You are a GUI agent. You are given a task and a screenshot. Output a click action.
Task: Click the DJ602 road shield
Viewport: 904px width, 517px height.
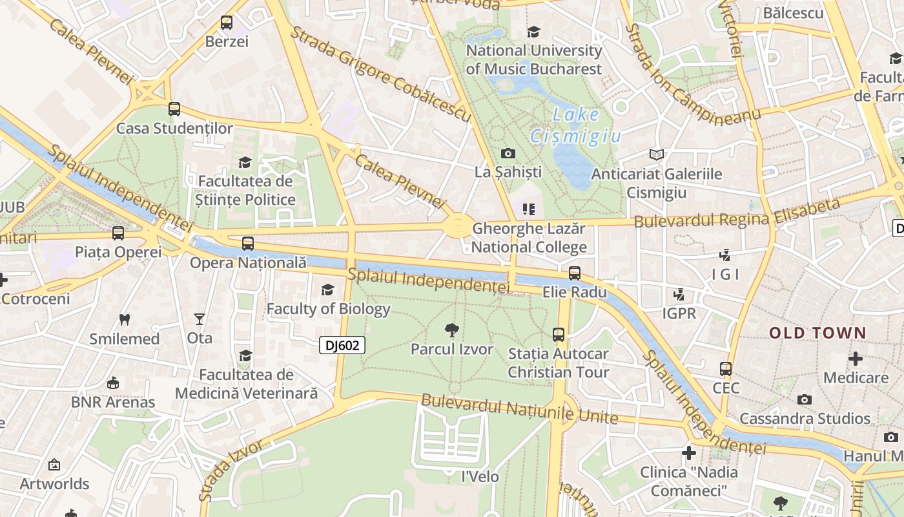tap(342, 345)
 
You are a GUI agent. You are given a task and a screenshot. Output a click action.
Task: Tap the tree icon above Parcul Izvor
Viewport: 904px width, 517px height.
tap(452, 330)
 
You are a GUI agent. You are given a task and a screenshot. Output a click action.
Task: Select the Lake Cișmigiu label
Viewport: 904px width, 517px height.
tap(576, 125)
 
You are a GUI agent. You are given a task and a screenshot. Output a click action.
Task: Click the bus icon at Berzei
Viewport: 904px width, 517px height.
tap(227, 23)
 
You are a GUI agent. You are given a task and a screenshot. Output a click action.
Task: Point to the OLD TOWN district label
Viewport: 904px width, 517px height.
tap(817, 333)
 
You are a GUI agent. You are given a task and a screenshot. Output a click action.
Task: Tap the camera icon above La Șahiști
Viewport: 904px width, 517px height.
tap(508, 153)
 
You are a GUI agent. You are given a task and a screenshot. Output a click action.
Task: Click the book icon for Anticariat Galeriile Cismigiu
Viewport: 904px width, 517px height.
tap(657, 154)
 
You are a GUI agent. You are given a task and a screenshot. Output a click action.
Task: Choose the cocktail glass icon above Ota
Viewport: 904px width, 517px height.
tap(200, 319)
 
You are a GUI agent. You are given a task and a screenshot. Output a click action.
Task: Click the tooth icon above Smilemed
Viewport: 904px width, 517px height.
tap(125, 319)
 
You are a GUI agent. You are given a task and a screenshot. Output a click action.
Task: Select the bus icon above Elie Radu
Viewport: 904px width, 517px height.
tap(575, 273)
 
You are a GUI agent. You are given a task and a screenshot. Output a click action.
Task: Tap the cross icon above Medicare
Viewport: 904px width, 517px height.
tap(856, 358)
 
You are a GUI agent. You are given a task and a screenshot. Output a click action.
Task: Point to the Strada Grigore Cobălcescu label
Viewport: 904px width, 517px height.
tap(381, 73)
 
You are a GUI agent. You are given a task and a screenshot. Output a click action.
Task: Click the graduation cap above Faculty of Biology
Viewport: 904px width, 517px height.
tap(328, 290)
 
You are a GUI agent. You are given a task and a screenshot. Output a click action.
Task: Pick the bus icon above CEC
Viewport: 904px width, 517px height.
tap(726, 369)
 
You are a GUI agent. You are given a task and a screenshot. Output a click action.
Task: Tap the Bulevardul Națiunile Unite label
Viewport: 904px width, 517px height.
tap(520, 408)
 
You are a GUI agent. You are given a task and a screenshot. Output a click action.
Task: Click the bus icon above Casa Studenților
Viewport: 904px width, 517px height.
tap(174, 109)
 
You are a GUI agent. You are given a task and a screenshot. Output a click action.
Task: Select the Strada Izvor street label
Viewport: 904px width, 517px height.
tap(231, 471)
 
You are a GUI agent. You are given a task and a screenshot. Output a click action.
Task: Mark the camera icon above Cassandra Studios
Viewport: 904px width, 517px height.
tap(805, 399)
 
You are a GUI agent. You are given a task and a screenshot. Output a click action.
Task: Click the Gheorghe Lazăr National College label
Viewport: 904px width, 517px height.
tap(529, 238)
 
